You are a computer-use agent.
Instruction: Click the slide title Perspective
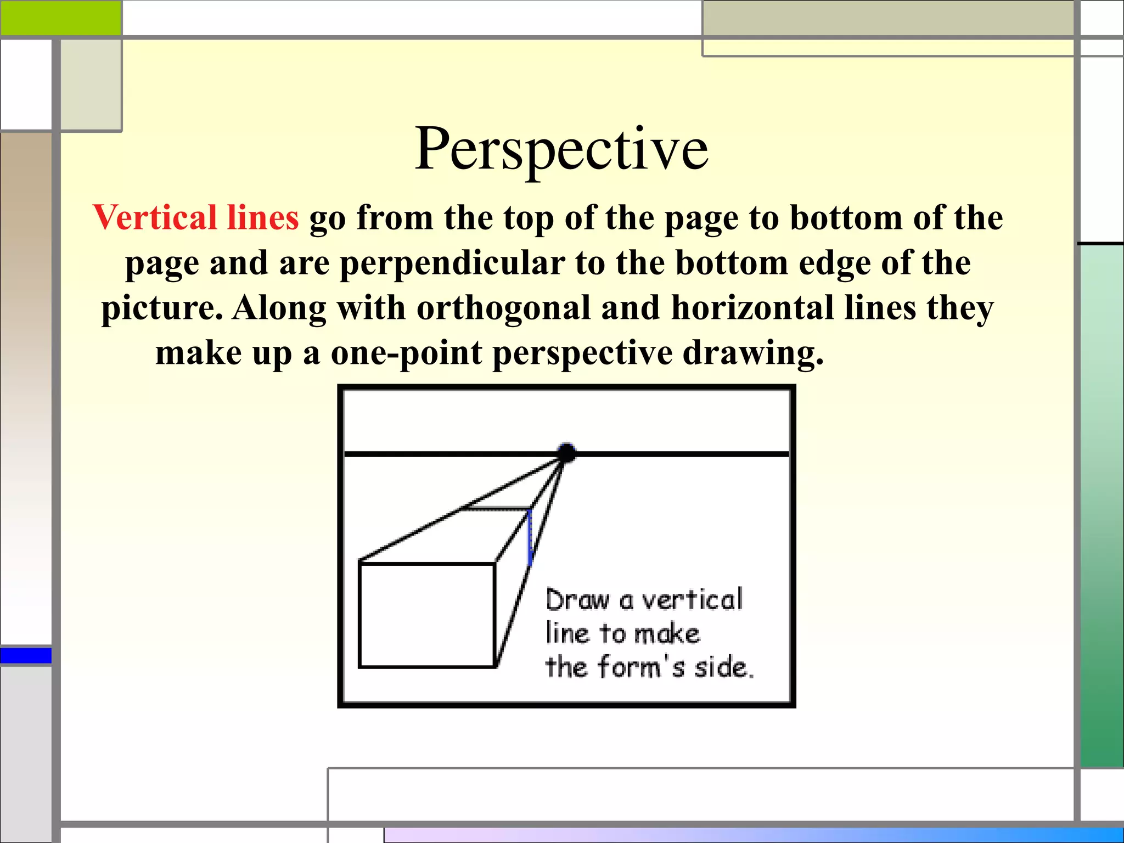point(561,149)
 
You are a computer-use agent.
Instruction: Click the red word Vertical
point(154,217)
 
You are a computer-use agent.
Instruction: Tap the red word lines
point(262,217)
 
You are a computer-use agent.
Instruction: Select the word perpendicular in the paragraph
point(452,263)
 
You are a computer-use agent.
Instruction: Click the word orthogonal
point(503,308)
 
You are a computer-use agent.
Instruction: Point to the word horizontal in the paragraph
point(752,308)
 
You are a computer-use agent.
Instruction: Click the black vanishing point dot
point(566,453)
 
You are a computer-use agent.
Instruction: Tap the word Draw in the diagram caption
point(577,600)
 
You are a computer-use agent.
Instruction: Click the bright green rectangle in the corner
point(60,18)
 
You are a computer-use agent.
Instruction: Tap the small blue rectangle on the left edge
point(26,655)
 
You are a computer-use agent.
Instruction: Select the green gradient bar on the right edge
point(1101,505)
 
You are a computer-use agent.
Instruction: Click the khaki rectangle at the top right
point(887,18)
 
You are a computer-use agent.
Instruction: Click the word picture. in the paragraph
point(162,309)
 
